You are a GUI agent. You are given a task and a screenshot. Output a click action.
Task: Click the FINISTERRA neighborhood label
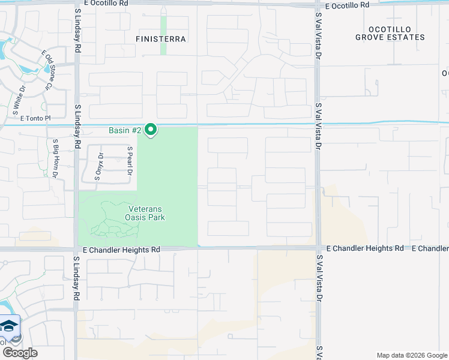[161, 39]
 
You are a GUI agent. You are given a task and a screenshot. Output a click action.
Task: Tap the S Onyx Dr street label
[100, 166]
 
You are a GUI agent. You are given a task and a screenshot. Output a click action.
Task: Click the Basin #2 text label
[125, 130]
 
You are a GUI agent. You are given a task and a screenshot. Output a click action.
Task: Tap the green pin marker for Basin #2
[151, 129]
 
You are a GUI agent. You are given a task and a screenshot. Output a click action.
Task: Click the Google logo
[20, 352]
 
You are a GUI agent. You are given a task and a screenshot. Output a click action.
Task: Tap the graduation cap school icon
[9, 326]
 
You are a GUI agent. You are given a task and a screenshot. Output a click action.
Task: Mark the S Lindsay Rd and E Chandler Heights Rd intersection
[76, 248]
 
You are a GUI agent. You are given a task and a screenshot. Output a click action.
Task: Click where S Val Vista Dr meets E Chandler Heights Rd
[318, 247]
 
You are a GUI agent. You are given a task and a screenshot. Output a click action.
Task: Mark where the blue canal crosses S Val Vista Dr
[318, 124]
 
